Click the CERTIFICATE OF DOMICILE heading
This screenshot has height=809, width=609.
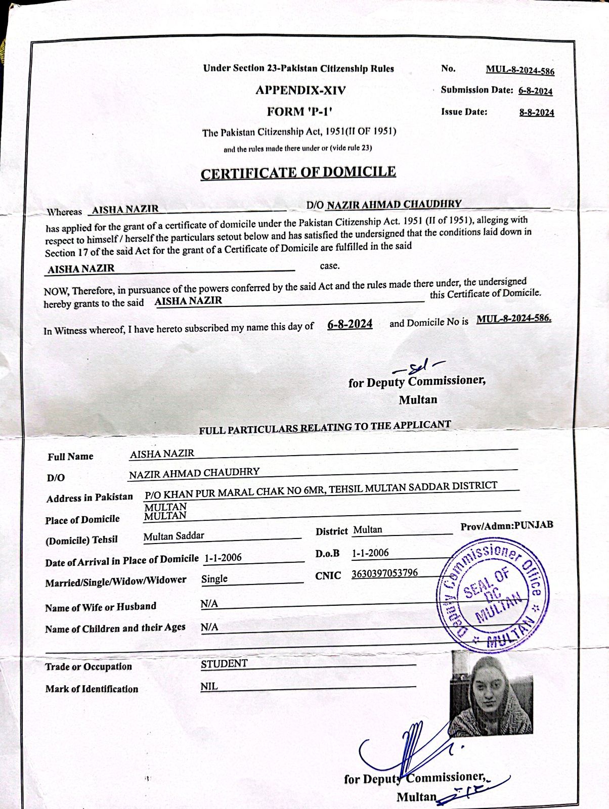pos(298,172)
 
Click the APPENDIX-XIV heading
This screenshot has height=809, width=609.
pos(300,91)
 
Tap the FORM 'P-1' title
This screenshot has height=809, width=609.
pos(299,112)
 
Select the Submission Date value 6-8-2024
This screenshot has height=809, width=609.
pos(535,91)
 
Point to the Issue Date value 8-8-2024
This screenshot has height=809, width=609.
pos(536,113)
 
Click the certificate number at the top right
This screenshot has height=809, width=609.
pos(520,70)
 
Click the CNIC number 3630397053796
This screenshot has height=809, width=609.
pos(384,573)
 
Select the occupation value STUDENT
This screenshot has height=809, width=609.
pos(224,664)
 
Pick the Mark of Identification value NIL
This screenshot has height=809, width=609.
pos(209,687)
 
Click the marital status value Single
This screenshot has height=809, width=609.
pos(214,579)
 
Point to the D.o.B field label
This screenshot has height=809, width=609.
pos(327,554)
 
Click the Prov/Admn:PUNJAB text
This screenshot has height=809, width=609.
pos(506,525)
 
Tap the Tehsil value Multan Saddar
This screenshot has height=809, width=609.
pos(174,536)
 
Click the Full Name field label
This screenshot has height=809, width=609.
pos(70,457)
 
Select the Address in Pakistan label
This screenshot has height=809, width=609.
pos(90,498)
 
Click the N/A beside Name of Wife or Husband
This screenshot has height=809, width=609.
pos(209,604)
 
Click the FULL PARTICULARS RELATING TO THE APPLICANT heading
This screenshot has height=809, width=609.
pos(324,427)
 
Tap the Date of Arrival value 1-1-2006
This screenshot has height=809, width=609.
pos(223,558)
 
